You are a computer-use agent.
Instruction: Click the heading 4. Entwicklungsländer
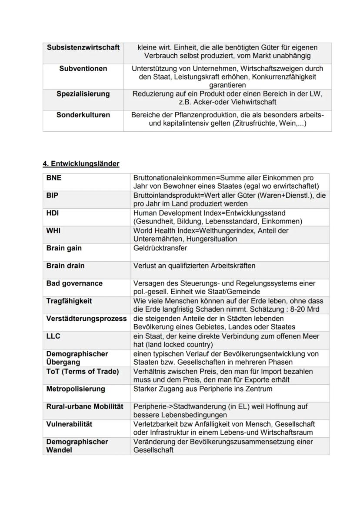coord(81,164)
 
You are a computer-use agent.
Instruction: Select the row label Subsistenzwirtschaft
coord(83,47)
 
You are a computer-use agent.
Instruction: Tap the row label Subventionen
coord(83,69)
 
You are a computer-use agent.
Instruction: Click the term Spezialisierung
coord(83,94)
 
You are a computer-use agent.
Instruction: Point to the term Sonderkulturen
coord(83,115)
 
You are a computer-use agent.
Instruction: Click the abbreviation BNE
coord(53,178)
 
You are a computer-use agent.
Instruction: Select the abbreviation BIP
coord(52,196)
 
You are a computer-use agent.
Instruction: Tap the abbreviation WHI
coord(53,230)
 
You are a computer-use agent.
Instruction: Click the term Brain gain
coord(64,248)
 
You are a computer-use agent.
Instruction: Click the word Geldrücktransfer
coord(160,248)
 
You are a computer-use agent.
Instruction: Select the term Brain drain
coord(65,266)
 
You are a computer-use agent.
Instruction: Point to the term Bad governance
coord(74,283)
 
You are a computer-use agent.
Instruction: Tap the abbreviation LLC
coord(53,336)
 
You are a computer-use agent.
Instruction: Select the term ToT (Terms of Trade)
coord(82,372)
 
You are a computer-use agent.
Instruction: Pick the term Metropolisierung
coord(76,389)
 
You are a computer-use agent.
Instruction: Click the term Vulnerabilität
coord(69,424)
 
